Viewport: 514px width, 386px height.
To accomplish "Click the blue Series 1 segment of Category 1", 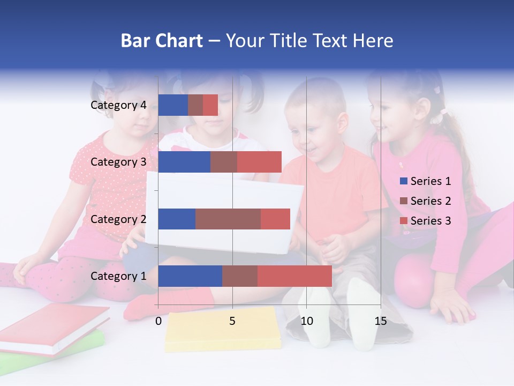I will [x=190, y=276].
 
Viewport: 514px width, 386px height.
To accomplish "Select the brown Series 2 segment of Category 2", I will [x=228, y=219].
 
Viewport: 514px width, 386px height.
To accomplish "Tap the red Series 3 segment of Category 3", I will [x=259, y=162].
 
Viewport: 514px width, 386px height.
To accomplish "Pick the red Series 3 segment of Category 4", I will [x=210, y=105].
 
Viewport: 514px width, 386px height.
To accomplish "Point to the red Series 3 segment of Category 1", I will [x=294, y=276].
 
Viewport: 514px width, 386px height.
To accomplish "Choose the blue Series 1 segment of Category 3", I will [x=184, y=162].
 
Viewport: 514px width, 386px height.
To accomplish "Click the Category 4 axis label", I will [x=118, y=105].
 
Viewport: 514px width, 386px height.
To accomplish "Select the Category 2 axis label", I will [x=118, y=219].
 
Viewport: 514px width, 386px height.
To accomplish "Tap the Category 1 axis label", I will [x=118, y=276].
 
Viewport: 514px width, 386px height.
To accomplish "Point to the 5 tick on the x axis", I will [x=232, y=321].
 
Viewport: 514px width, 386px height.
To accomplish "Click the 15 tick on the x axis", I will [x=381, y=321].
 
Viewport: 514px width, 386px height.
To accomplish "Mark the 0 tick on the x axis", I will [x=158, y=321].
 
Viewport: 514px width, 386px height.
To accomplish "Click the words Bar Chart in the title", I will [x=162, y=41].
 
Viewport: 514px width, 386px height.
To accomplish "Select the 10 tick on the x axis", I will [x=306, y=321].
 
